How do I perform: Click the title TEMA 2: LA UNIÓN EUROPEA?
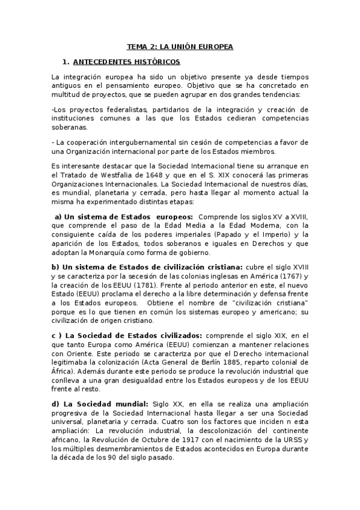tap(180, 46)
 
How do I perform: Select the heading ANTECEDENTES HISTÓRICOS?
tap(126, 62)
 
